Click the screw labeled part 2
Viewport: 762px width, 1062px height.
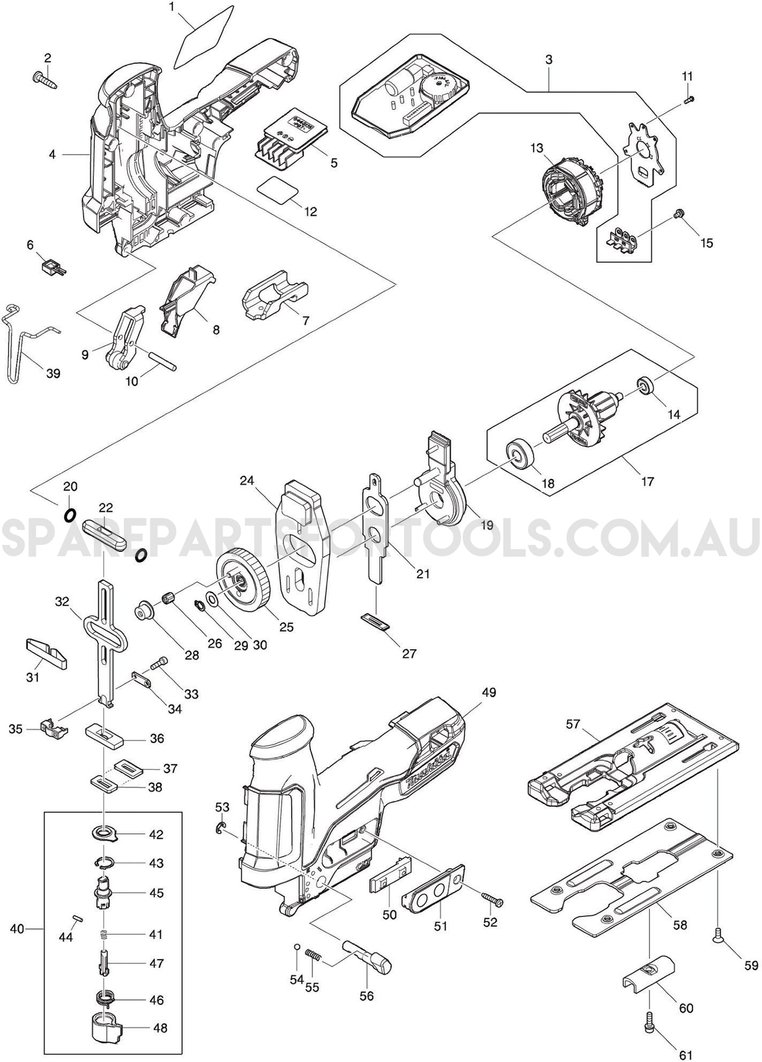pos(45,80)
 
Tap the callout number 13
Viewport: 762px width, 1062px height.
pos(537,148)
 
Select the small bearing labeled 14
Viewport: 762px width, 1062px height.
pos(643,387)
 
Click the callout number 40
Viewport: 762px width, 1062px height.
pos(17,928)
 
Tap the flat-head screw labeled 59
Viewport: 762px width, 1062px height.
pos(717,938)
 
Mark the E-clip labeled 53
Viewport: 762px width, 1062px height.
pos(221,828)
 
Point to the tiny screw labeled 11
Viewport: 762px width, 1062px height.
pos(688,99)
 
